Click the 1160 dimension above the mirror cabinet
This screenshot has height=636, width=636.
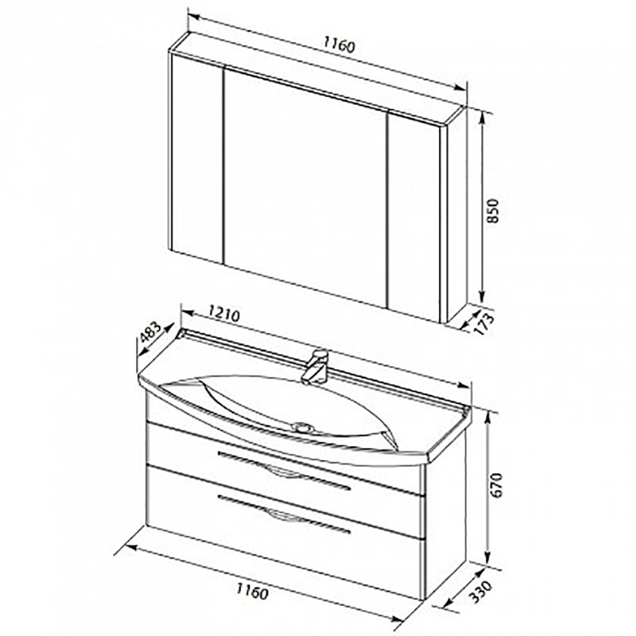click(339, 45)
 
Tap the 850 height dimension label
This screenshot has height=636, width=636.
click(492, 211)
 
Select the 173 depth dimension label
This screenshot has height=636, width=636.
click(485, 324)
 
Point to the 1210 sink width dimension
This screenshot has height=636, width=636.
click(224, 314)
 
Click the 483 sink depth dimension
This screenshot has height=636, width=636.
click(151, 332)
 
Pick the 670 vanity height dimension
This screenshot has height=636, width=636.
click(496, 486)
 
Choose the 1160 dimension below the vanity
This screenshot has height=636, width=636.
click(252, 591)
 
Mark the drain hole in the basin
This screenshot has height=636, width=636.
click(302, 426)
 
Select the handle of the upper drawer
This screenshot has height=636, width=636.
click(284, 470)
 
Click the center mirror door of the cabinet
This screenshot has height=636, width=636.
click(305, 187)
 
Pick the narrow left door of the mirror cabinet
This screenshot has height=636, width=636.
click(197, 158)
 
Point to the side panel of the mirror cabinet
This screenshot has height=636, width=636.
click(456, 215)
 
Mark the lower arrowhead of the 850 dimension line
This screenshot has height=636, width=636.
click(482, 294)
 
